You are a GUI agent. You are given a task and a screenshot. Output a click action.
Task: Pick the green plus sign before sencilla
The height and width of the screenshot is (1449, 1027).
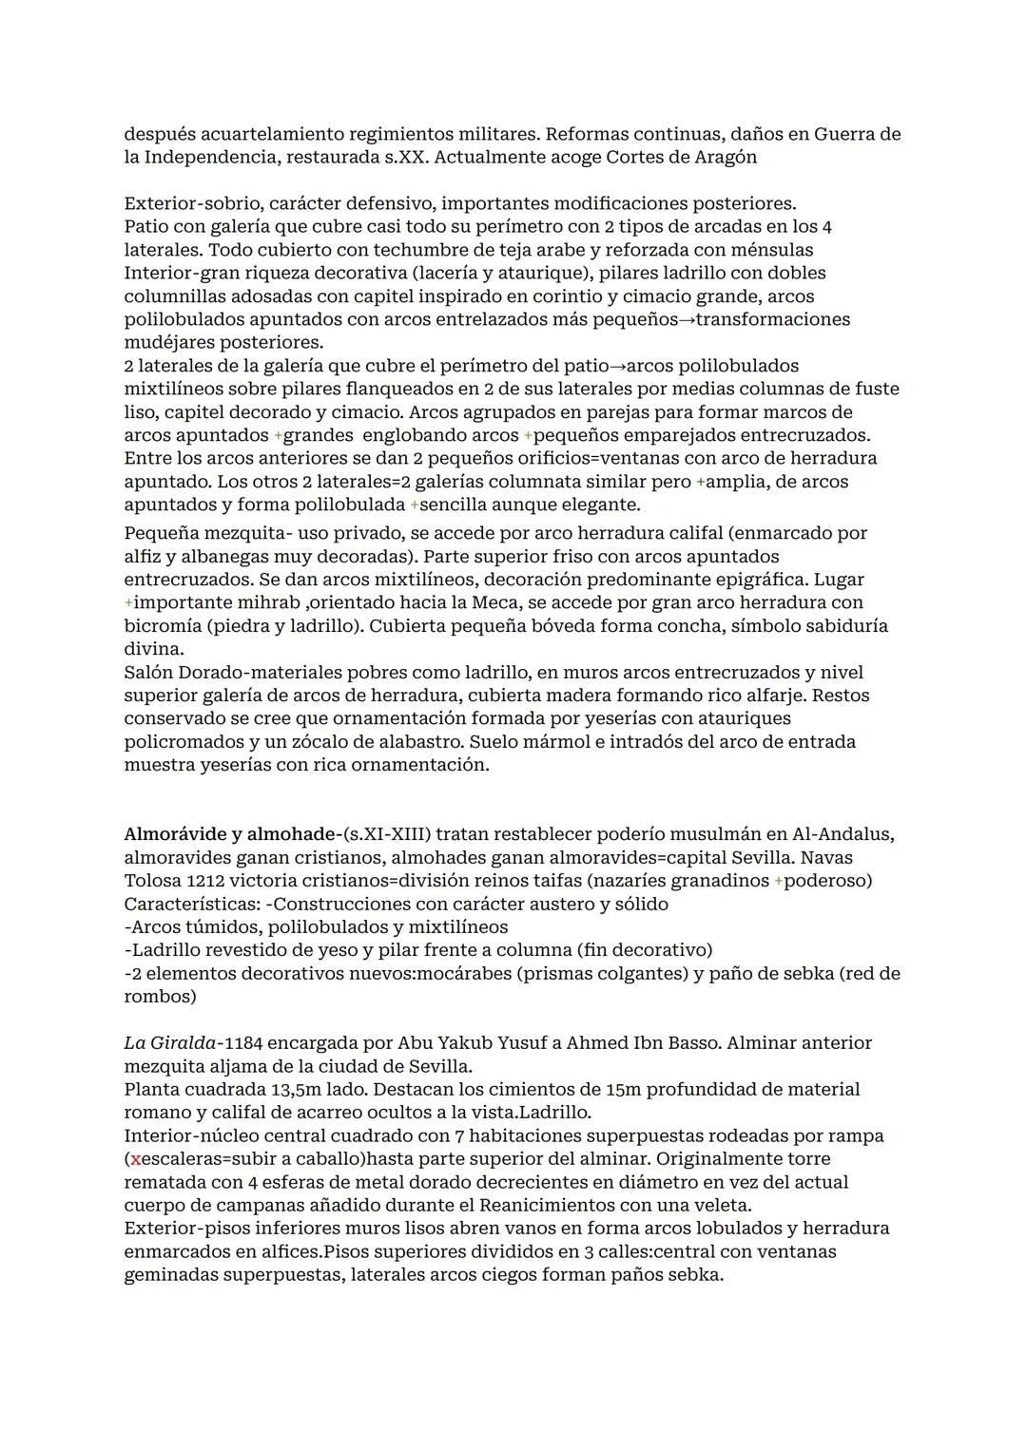pyautogui.click(x=414, y=505)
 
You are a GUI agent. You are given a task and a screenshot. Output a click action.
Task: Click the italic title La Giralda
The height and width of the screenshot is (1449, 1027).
pyautogui.click(x=167, y=1043)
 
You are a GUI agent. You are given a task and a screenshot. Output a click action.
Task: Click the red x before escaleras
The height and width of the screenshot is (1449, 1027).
pyautogui.click(x=136, y=1159)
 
